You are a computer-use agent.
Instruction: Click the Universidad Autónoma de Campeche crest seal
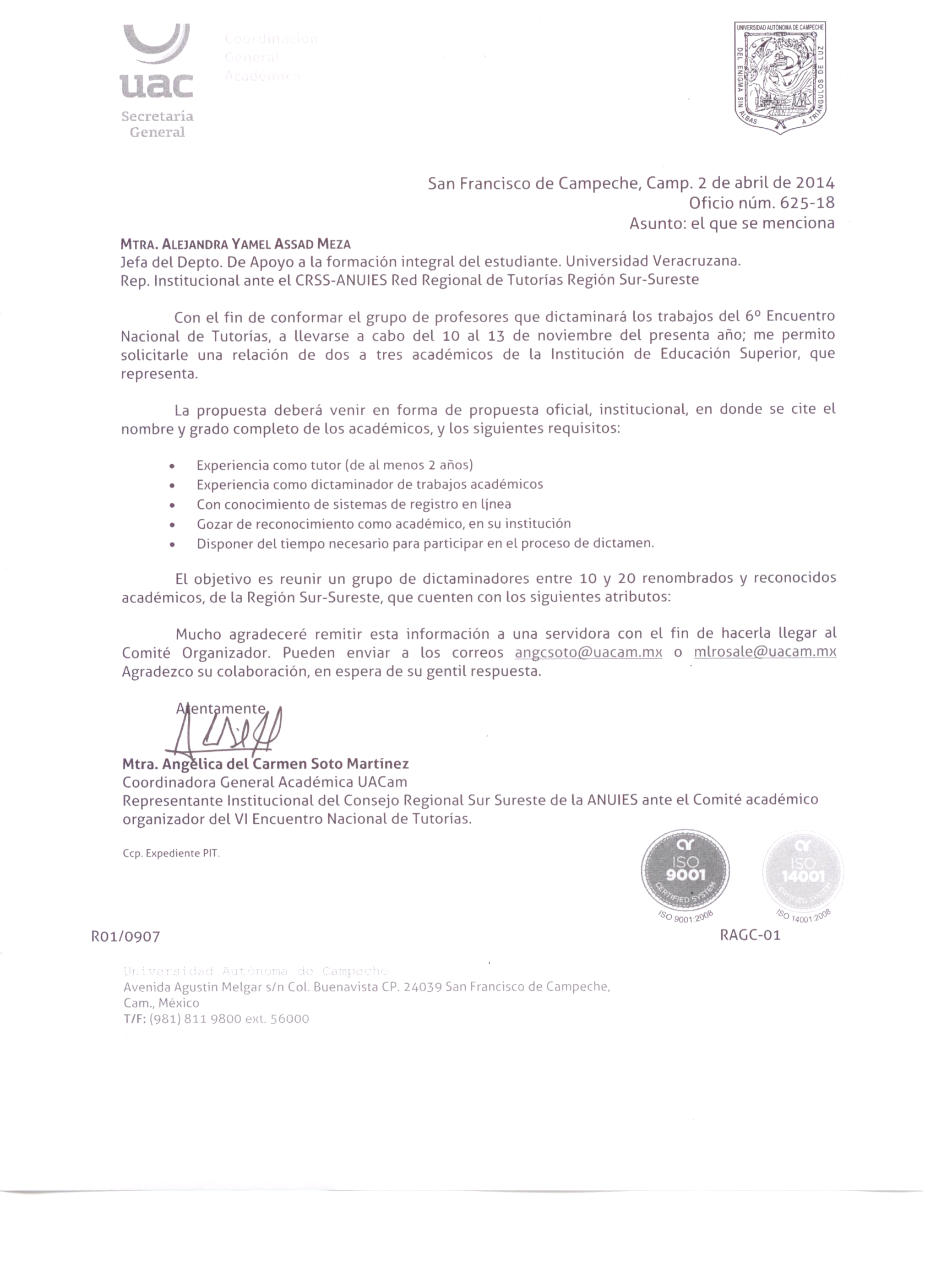point(780,78)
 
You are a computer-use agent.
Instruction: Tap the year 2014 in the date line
point(815,183)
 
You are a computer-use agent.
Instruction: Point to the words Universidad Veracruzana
point(654,261)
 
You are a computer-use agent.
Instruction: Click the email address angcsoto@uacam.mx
point(588,652)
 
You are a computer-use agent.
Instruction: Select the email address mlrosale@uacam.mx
point(765,652)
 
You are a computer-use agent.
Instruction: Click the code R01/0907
point(126,937)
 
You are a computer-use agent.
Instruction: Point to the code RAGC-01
point(750,935)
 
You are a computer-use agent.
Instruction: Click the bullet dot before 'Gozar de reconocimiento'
point(172,525)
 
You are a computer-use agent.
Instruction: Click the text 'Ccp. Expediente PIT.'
point(171,853)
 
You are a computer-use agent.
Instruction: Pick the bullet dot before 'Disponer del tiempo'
point(172,545)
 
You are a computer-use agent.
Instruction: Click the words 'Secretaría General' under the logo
point(157,124)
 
